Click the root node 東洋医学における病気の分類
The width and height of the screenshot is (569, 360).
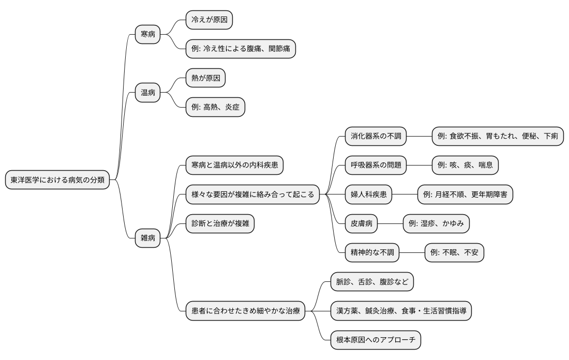coord(57,180)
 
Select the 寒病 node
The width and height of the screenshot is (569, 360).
coord(147,35)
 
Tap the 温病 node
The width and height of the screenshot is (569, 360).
coord(147,93)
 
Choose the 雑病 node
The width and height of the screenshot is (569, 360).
coord(147,238)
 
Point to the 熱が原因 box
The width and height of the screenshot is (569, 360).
coord(205,78)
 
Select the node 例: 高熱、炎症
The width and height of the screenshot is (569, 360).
coord(215,108)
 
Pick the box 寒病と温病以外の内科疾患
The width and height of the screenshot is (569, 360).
coord(234,166)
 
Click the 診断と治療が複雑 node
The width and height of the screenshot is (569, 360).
coord(220,223)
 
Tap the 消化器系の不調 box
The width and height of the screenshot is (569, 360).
coord(375,137)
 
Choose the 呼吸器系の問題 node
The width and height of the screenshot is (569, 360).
coord(375,166)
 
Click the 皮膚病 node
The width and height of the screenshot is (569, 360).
coord(361,223)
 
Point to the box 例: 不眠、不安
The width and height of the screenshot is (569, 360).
coord(454,252)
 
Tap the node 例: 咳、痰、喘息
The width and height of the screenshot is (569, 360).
coord(465,166)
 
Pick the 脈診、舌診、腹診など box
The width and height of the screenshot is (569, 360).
coord(372,282)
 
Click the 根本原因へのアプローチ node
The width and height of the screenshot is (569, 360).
coord(376,340)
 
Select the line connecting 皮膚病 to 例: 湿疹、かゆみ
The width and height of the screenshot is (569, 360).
coord(390,223)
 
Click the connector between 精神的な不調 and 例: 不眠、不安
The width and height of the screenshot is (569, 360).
coord(412,252)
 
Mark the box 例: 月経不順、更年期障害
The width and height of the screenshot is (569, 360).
coord(465,194)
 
